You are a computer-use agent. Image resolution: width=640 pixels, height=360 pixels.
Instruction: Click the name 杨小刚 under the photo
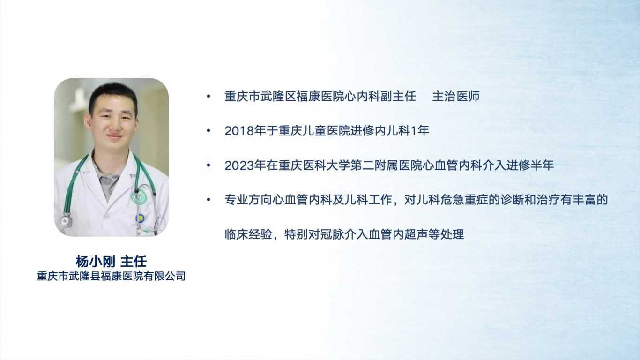click(96, 262)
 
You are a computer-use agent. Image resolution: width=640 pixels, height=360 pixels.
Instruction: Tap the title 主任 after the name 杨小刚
click(134, 262)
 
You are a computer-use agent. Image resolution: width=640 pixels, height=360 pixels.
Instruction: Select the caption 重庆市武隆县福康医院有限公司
click(111, 276)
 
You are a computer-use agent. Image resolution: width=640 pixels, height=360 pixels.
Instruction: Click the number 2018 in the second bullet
click(239, 131)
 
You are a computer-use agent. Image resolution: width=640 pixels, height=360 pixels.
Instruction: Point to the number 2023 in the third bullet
click(239, 165)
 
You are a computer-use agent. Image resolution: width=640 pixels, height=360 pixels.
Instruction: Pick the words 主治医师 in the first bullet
click(456, 97)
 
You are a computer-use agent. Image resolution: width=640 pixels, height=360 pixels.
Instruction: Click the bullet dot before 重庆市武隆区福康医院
click(208, 97)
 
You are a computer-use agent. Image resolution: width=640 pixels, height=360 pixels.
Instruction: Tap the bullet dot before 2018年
click(208, 131)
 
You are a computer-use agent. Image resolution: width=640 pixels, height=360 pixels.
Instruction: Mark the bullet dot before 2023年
click(208, 165)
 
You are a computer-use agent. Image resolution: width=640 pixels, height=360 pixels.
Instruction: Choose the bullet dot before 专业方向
click(208, 200)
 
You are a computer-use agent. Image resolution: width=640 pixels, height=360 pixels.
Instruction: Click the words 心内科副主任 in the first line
click(380, 97)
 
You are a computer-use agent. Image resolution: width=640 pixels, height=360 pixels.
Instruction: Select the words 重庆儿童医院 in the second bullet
click(314, 131)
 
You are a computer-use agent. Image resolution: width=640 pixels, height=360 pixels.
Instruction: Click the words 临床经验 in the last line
click(248, 234)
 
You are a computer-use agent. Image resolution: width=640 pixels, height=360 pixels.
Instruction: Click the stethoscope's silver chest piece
click(66, 221)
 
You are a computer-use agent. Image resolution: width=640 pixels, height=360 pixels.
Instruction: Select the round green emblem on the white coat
click(138, 197)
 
